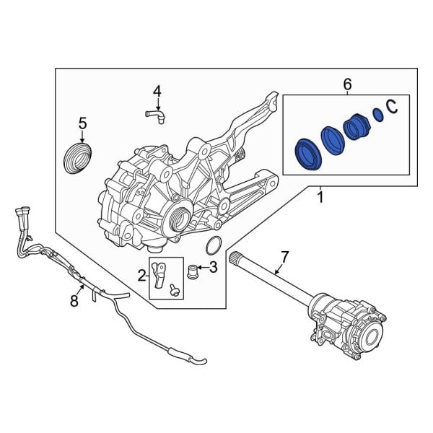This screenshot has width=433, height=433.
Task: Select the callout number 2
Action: [142, 275]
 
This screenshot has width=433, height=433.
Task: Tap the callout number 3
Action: [213, 268]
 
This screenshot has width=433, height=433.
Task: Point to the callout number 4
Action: [156, 91]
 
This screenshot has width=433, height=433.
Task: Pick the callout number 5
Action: [82, 123]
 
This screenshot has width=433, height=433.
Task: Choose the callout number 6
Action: [347, 85]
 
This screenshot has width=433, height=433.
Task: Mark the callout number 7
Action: [284, 256]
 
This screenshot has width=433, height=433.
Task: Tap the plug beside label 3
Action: [192, 273]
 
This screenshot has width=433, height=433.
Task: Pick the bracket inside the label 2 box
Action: [165, 271]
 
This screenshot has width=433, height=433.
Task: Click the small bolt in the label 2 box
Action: [173, 290]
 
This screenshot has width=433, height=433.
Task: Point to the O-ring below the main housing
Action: [212, 246]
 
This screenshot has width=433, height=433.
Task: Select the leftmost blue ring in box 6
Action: [307, 153]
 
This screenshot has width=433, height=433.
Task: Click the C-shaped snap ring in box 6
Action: [392, 107]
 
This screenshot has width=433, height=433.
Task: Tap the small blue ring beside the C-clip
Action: [377, 115]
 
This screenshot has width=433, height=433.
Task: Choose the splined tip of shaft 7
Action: [235, 258]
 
